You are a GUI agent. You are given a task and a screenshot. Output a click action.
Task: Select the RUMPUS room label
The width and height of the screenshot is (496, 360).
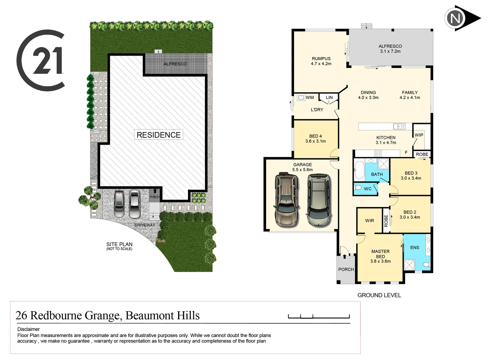tap(321, 59)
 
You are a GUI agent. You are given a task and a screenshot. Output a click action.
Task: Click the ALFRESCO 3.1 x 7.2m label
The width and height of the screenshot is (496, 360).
tap(390, 49)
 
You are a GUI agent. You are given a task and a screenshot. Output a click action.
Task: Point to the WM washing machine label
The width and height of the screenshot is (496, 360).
tap(310, 98)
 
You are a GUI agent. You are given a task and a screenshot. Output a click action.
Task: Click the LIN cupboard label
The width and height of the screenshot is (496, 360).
tap(329, 98)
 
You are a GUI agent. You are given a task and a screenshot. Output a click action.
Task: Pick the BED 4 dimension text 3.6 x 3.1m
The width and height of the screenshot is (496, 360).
tap(315, 141)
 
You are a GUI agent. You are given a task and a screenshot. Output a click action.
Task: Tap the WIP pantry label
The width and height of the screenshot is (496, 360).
tap(419, 135)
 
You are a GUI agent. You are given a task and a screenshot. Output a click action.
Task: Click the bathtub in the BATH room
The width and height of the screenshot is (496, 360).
tap(359, 170)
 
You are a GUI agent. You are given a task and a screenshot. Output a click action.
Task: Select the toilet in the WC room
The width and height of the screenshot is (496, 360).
tap(358, 188)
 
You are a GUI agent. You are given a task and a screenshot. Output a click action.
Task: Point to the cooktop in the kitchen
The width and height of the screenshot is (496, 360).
tap(378, 153)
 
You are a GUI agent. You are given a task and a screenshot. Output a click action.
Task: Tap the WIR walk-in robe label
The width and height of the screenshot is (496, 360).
tap(369, 221)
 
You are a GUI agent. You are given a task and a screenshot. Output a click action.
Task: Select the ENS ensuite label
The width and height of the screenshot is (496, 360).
tap(415, 247)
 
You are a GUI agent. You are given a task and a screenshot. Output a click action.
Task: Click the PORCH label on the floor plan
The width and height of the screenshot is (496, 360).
tap(346, 269)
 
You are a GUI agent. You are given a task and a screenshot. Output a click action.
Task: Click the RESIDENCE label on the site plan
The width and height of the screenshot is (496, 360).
tap(159, 135)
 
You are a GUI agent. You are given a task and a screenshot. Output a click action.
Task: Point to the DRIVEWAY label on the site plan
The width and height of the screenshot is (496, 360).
tap(145, 225)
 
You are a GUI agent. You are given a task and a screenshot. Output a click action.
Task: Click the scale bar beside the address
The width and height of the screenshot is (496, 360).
tap(319, 316)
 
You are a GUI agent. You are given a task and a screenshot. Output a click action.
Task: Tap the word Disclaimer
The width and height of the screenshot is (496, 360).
tap(29, 329)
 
